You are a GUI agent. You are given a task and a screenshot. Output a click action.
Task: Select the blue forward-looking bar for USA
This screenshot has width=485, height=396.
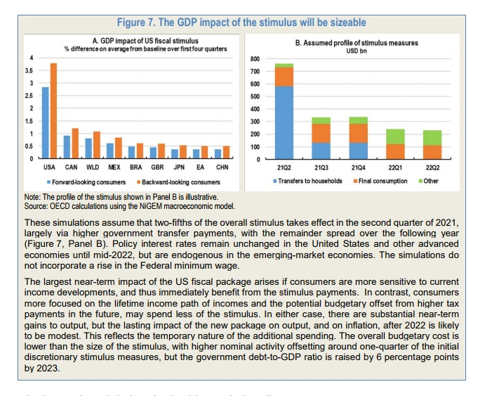pos(45,123)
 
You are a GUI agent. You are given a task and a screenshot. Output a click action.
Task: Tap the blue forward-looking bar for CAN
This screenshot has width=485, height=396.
pos(67,147)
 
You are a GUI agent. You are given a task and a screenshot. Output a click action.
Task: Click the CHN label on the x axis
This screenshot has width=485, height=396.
pos(221,167)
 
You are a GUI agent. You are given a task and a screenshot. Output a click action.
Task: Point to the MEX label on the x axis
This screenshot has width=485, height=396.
pos(114,167)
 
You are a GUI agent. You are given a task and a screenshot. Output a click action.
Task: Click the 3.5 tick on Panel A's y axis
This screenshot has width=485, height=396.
pos(29,70)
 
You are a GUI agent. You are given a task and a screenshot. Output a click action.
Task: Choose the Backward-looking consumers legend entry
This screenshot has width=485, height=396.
pos(163,181)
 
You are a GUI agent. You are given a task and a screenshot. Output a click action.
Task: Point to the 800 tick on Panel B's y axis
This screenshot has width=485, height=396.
pos(255,58)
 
